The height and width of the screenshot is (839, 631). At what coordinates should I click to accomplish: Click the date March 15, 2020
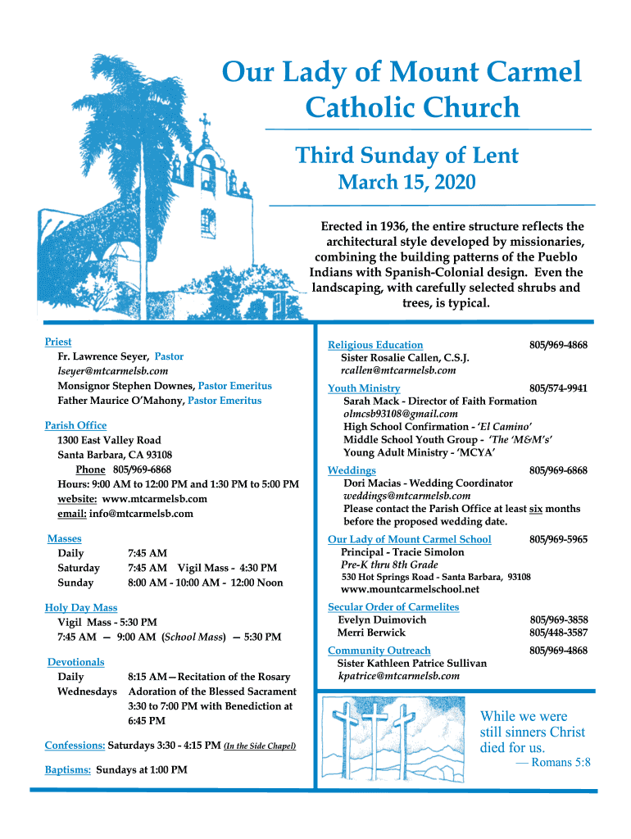click(406, 183)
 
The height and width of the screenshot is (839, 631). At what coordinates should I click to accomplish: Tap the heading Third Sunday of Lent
click(406, 156)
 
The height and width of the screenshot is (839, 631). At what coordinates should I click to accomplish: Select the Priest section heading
click(58, 342)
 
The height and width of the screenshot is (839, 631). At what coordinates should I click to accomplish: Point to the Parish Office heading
click(75, 425)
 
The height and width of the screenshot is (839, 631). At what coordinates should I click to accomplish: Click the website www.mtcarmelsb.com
click(155, 499)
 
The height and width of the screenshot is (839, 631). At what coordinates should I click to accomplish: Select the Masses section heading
click(64, 538)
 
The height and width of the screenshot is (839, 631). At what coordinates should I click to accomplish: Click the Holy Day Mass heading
click(81, 607)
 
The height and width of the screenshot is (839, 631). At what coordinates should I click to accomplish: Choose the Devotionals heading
click(75, 661)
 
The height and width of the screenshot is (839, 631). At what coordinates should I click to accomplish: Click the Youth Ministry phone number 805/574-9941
click(558, 388)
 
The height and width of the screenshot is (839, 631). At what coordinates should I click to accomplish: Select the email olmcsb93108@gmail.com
click(401, 415)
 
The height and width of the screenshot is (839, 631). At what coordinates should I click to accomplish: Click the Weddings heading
click(352, 470)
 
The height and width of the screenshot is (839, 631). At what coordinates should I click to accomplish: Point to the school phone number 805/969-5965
click(558, 539)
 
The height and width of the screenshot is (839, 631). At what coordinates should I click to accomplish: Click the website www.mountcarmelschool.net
click(410, 589)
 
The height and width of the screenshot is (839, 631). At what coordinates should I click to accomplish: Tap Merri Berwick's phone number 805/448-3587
click(558, 633)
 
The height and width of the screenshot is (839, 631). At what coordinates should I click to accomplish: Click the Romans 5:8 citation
click(561, 763)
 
